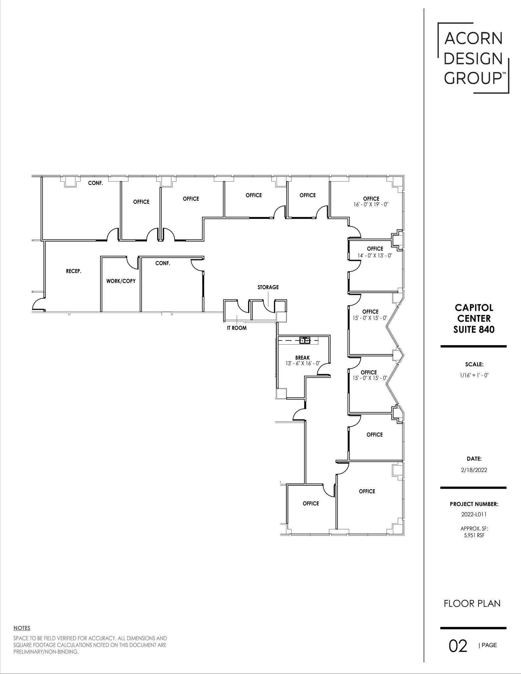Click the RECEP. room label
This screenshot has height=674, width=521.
tap(73, 272)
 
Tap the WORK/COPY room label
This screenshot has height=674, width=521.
tap(121, 281)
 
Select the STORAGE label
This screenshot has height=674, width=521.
tap(268, 287)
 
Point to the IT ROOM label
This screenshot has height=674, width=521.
tap(237, 328)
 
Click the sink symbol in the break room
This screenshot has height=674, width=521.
tap(305, 340)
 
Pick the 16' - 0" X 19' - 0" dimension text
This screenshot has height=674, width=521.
tap(371, 204)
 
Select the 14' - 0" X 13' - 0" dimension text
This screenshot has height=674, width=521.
tap(375, 255)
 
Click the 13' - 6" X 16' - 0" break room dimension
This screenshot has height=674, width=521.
tap(302, 363)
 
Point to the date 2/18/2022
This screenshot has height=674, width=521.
tap(474, 470)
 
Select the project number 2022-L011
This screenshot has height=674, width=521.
tap(474, 514)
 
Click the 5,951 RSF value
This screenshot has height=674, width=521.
tap(474, 535)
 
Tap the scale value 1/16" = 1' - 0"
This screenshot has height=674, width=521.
tap(474, 375)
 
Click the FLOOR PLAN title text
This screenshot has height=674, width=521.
tap(472, 604)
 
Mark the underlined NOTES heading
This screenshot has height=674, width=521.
tap(22, 628)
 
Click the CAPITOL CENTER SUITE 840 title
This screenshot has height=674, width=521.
tap(474, 318)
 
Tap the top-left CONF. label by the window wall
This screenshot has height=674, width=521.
tap(95, 183)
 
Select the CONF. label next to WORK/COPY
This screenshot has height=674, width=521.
tap(163, 263)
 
